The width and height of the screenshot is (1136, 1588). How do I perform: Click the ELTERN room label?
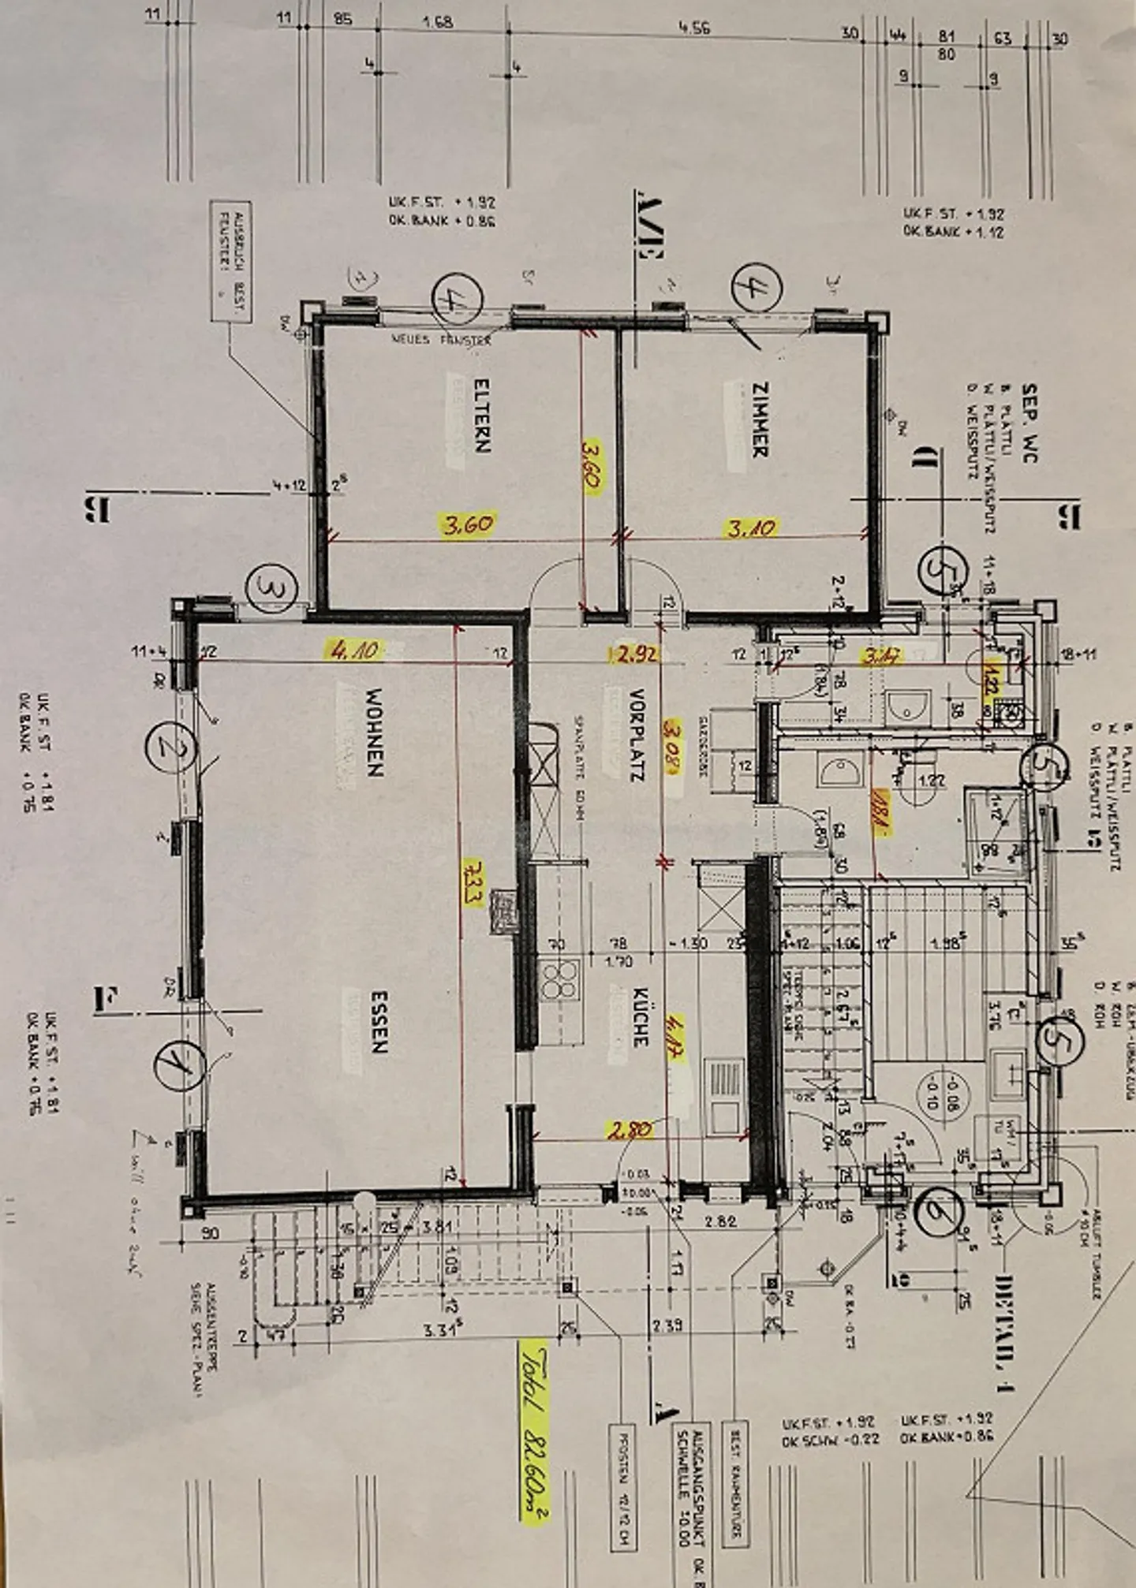click(481, 416)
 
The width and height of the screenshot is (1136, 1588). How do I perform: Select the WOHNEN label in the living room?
click(374, 733)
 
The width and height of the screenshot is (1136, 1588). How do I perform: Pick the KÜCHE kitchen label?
click(640, 1017)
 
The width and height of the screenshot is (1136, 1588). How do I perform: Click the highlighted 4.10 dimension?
click(354, 650)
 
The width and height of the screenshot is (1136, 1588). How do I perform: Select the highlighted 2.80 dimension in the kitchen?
click(630, 1130)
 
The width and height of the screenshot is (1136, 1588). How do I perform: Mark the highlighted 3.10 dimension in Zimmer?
click(750, 527)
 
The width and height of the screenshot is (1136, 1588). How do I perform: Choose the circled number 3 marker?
click(270, 587)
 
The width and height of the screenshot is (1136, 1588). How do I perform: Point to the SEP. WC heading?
click(1029, 423)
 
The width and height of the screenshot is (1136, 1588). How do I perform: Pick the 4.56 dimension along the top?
click(693, 28)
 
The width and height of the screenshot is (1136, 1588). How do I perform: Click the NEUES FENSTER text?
click(443, 340)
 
